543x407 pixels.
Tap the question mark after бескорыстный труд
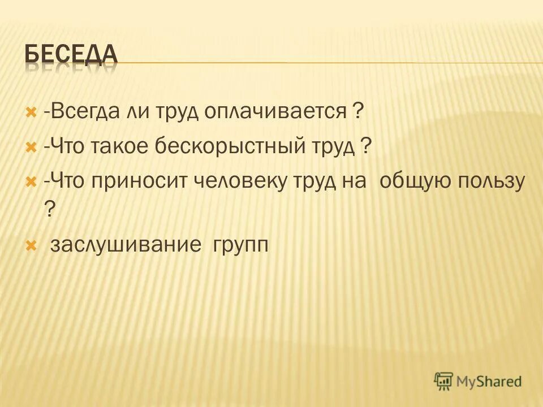[366, 148]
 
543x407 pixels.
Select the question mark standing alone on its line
[49, 210]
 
